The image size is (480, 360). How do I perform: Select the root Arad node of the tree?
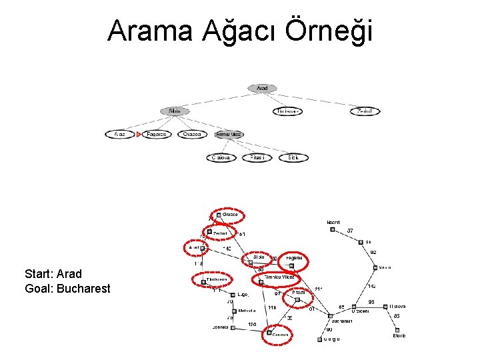(x=262, y=88)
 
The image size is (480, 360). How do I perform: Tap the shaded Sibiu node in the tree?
(x=175, y=111)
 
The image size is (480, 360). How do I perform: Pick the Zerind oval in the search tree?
(x=365, y=111)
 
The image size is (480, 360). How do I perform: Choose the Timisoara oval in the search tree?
(x=287, y=111)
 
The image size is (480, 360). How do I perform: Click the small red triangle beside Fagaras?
(x=139, y=134)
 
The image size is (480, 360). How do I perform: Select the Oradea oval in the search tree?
(x=193, y=134)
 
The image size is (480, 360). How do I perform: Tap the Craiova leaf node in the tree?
(x=221, y=158)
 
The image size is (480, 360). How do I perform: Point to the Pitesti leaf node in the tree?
(x=257, y=158)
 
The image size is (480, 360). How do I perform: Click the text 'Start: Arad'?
(x=53, y=274)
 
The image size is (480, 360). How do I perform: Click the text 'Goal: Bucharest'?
(x=67, y=289)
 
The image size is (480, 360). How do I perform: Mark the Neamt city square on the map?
(x=332, y=230)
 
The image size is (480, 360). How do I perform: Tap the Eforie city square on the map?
(x=397, y=329)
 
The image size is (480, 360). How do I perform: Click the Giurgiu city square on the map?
(x=319, y=339)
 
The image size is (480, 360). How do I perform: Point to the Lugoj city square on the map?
(x=233, y=294)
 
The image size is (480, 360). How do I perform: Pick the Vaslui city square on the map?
(x=375, y=267)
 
